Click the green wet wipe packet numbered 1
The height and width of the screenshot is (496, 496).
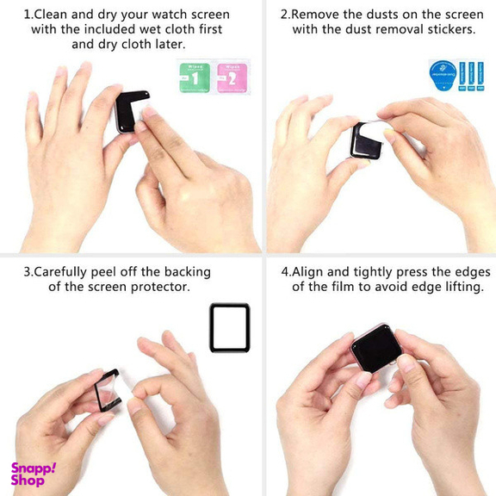coord(195,77)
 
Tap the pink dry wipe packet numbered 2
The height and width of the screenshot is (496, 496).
coord(232,77)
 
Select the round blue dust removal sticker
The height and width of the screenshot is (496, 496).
coord(443,76)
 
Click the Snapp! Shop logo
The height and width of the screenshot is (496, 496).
coord(34,474)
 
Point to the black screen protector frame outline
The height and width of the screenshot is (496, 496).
coord(211,328)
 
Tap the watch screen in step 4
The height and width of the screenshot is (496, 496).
coord(375,348)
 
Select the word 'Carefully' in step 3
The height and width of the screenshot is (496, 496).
coord(59,272)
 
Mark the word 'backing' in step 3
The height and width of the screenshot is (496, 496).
coord(188,272)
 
